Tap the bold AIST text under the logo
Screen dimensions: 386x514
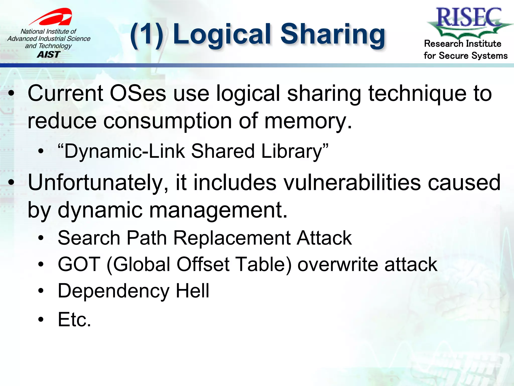(49, 55)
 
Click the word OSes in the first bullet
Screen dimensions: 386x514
(138, 93)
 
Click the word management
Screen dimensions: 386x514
(218, 211)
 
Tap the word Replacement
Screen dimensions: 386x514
(231, 238)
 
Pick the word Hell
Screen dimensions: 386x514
(192, 291)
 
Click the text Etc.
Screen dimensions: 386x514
(74, 319)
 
